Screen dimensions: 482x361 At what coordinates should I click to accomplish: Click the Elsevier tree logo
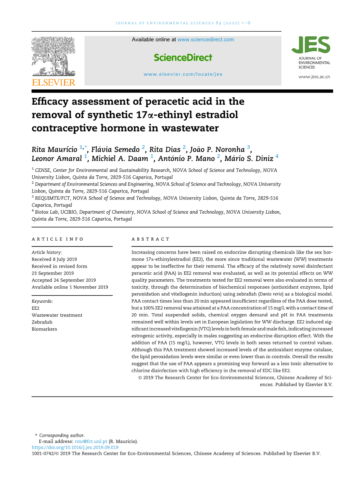pyautogui.click(x=53, y=56)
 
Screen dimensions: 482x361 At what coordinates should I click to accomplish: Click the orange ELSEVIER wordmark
pyautogui.click(x=53, y=82)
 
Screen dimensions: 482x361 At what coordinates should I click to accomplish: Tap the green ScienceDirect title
pyautogui.click(x=183, y=57)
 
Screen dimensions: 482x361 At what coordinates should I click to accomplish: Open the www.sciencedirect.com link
pyautogui.click(x=206, y=39)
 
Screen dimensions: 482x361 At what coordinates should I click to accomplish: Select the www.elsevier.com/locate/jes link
pyautogui.click(x=183, y=74)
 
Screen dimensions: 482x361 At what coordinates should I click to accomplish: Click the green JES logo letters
pyautogui.click(x=311, y=45)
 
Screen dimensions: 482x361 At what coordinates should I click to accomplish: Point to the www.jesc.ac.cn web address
pyautogui.click(x=314, y=77)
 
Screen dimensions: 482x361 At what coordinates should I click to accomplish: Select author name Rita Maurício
pyautogui.click(x=55, y=149)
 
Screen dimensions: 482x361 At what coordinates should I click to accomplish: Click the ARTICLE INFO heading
pyautogui.click(x=58, y=239)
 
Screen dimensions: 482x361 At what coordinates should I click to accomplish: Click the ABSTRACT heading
pyautogui.click(x=151, y=239)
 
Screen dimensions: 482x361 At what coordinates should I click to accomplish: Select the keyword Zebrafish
pyautogui.click(x=42, y=322)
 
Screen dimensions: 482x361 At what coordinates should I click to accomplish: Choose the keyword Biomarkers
pyautogui.click(x=44, y=329)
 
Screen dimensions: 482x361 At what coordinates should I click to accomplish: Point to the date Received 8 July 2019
pyautogui.click(x=54, y=259)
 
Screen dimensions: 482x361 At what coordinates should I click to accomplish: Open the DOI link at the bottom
pyautogui.click(x=75, y=448)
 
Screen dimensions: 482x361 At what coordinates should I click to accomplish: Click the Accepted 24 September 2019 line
pyautogui.click(x=64, y=280)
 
